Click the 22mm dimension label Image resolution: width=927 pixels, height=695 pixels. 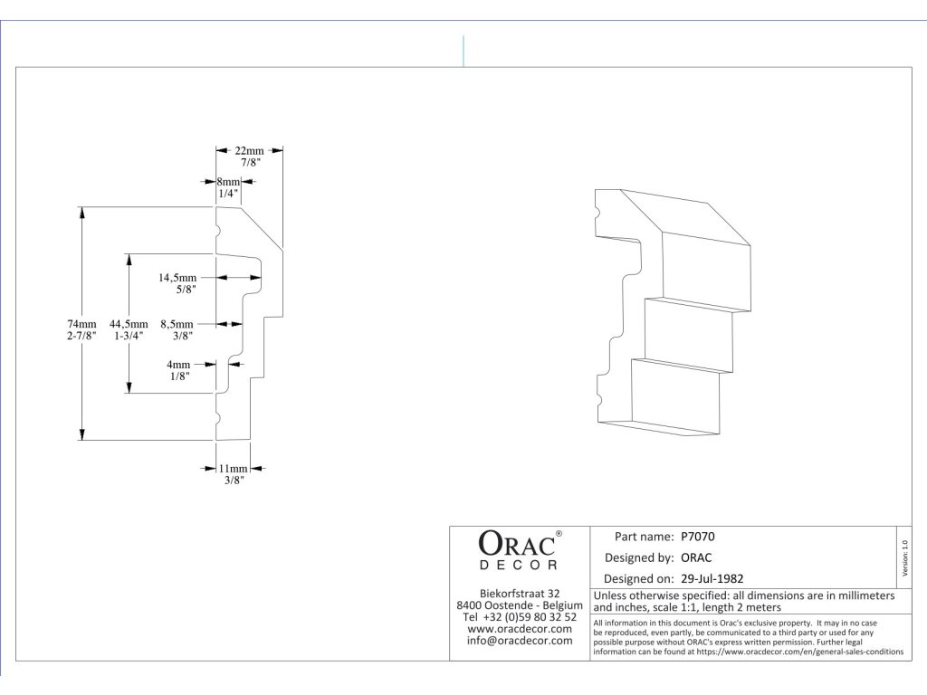click(249, 151)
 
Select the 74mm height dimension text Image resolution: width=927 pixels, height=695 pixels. click(81, 324)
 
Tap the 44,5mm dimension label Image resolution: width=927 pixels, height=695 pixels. click(129, 324)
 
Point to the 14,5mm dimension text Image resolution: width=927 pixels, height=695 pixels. click(177, 277)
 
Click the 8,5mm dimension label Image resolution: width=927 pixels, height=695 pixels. click(177, 324)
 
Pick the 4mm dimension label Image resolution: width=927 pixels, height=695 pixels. click(178, 365)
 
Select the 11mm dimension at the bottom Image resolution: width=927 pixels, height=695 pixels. click(234, 469)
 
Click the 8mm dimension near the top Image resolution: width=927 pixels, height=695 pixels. click(228, 181)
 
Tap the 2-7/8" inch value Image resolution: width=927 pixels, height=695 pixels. click(81, 336)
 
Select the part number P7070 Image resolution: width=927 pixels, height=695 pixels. click(698, 537)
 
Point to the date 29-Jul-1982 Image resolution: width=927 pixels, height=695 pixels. click(712, 578)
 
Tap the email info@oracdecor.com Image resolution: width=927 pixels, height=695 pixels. click(520, 640)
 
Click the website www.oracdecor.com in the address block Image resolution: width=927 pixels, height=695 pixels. click(520, 628)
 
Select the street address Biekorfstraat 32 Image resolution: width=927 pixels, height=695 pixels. click(520, 594)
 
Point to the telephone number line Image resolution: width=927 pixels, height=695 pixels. click(520, 616)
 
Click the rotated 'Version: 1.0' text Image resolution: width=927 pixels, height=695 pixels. click(904, 557)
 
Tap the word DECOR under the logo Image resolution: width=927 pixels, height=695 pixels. click(519, 566)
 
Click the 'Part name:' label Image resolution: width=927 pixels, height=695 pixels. click(645, 537)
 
